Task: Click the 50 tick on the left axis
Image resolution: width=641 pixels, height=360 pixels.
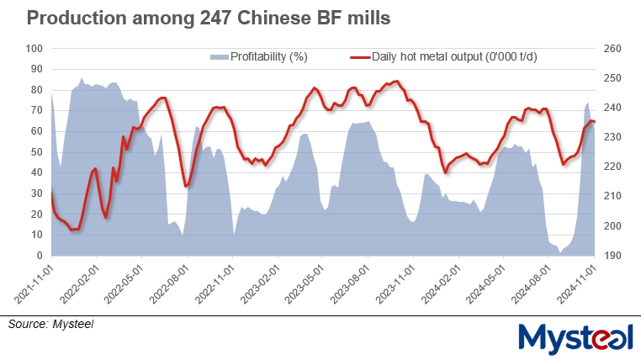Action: pos(35,152)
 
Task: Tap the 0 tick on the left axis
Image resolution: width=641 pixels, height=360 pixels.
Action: pos(39,256)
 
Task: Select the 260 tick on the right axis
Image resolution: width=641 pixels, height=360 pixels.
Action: pos(612,49)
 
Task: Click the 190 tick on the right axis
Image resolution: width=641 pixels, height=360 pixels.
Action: pos(612,256)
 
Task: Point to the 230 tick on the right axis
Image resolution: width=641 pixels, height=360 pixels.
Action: pos(612,137)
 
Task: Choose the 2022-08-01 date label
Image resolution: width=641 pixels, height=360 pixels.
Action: pos(169,285)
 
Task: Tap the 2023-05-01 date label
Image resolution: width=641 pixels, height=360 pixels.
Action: pos(305,285)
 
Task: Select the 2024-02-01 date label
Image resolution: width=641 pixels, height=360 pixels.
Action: pos(441,285)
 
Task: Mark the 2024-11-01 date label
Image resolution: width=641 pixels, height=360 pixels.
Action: pos(577,285)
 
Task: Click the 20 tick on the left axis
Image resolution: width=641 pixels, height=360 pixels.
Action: pos(35,214)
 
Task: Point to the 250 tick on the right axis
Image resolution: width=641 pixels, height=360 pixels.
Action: pos(612,78)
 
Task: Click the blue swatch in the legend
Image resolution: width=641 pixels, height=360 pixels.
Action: pos(219,57)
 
